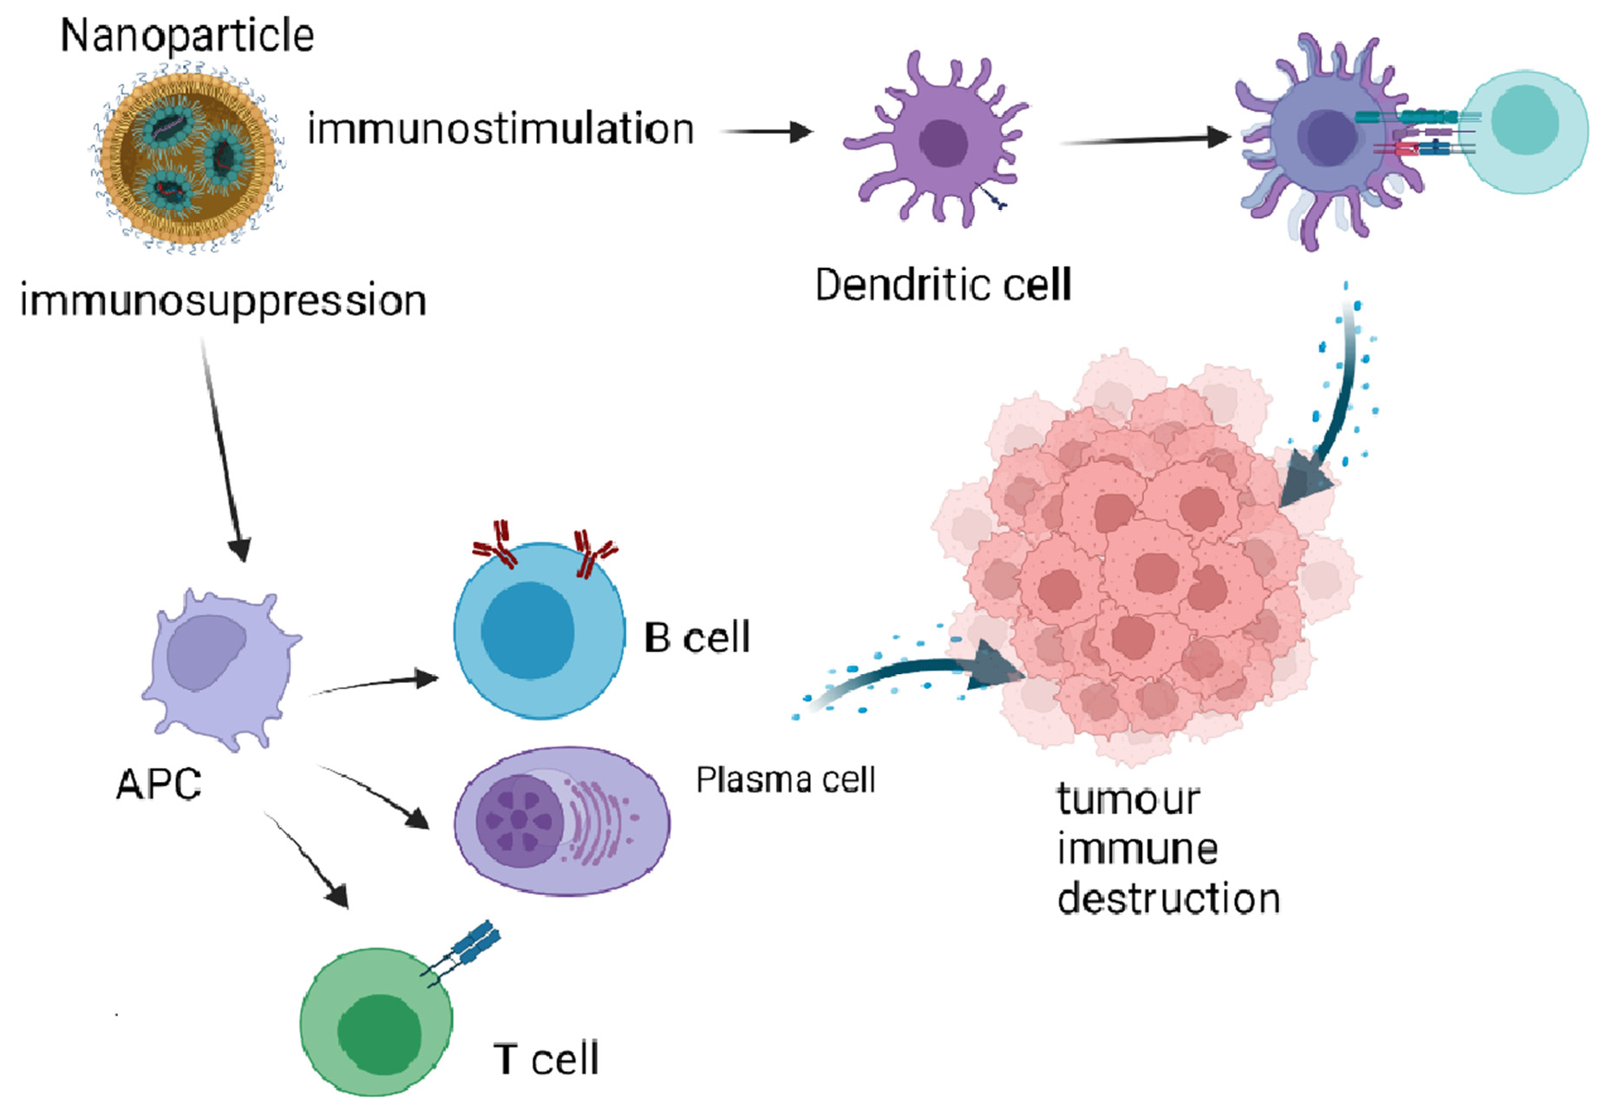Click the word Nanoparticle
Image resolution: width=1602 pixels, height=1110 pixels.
pyautogui.click(x=186, y=36)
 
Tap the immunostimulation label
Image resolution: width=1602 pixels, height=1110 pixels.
pyautogui.click(x=500, y=129)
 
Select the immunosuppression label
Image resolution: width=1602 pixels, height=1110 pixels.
pyautogui.click(x=223, y=301)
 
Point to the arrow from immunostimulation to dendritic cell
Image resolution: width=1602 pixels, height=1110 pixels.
pyautogui.click(x=767, y=132)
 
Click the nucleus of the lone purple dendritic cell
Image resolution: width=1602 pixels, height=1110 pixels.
pyautogui.click(x=944, y=143)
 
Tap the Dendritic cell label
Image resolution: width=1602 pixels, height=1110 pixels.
pyautogui.click(x=943, y=285)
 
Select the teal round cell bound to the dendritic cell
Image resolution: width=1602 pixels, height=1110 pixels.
pyautogui.click(x=1527, y=130)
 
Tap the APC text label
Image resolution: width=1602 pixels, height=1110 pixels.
pyautogui.click(x=159, y=785)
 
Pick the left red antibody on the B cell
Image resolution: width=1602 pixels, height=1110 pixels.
pyautogui.click(x=495, y=543)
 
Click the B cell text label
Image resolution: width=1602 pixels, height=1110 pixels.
pyautogui.click(x=696, y=638)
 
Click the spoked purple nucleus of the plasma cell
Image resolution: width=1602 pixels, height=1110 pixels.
pyautogui.click(x=518, y=820)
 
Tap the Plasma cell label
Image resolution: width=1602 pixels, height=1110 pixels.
pyautogui.click(x=785, y=779)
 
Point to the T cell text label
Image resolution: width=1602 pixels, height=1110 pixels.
pyautogui.click(x=546, y=1059)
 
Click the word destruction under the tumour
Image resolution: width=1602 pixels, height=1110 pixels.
pyautogui.click(x=1168, y=898)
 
